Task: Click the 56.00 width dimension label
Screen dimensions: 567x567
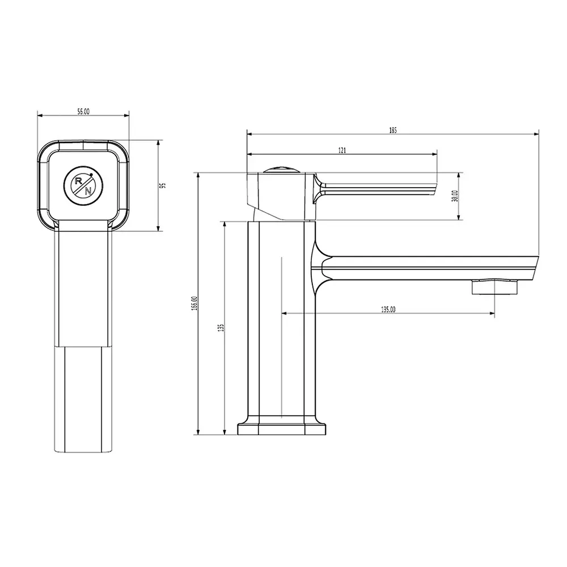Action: click(83, 112)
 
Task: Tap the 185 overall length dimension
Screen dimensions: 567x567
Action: click(393, 130)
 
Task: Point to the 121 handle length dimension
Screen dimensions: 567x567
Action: click(342, 150)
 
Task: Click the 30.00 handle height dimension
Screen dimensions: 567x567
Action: click(455, 196)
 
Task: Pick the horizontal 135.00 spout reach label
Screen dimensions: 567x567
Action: click(388, 310)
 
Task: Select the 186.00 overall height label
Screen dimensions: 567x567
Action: click(194, 303)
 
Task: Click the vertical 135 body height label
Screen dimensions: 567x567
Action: click(221, 327)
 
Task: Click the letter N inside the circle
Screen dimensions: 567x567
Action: click(88, 191)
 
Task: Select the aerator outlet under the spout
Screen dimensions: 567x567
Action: click(495, 287)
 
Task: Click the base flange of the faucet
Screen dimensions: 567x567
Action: click(282, 428)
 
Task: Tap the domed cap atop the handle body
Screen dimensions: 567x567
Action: click(282, 169)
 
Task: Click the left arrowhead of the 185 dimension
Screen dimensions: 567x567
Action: click(249, 134)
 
